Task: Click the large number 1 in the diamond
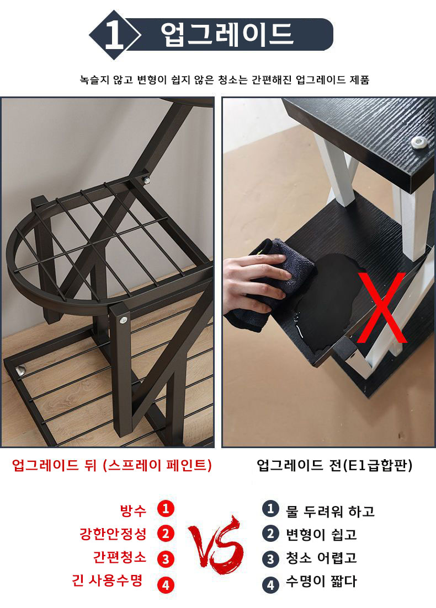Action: [114, 35]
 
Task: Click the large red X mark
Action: [382, 308]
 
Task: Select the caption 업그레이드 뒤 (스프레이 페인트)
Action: [112, 465]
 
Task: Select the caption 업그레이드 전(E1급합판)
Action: [334, 465]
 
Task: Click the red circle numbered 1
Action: [166, 508]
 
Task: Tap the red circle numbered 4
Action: [166, 585]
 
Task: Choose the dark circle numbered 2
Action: [270, 534]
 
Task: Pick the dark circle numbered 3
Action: [270, 559]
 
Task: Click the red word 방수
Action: [133, 510]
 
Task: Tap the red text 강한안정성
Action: [113, 534]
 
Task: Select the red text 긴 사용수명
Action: [107, 580]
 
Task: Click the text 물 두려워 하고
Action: [331, 512]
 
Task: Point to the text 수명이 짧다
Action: [321, 581]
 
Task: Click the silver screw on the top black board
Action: [418, 142]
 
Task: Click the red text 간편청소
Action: [120, 557]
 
